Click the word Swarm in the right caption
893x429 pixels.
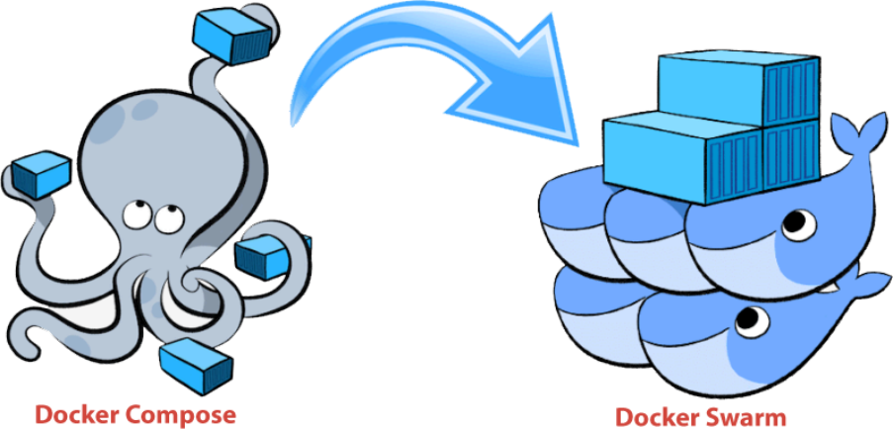pos(750,416)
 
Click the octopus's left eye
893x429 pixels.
pos(135,212)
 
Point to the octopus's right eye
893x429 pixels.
pos(167,217)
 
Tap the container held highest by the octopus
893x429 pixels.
pos(231,37)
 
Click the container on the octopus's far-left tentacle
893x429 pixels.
pos(41,174)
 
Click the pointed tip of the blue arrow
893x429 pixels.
pos(576,142)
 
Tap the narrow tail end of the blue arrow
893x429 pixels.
pos(294,119)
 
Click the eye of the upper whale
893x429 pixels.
pos(798,223)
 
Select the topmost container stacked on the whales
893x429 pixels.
pos(739,89)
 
